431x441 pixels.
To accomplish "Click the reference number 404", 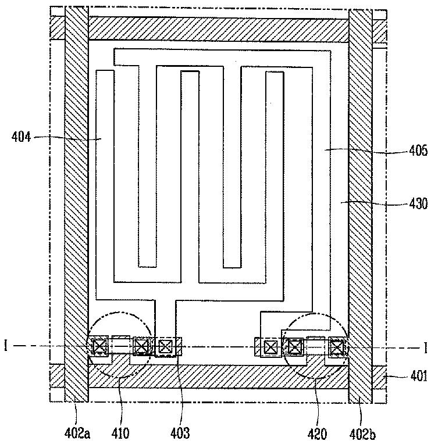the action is [22, 137].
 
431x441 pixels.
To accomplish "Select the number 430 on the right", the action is [416, 203].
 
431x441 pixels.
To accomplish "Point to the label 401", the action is [416, 376].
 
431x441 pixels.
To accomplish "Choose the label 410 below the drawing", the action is [121, 432].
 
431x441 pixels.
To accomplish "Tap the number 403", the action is [181, 432].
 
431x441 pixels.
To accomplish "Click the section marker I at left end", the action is [5, 347].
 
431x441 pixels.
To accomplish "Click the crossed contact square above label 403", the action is [166, 347].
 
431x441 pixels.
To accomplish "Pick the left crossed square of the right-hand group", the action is [270, 347].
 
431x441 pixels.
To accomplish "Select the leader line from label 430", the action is [372, 203].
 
